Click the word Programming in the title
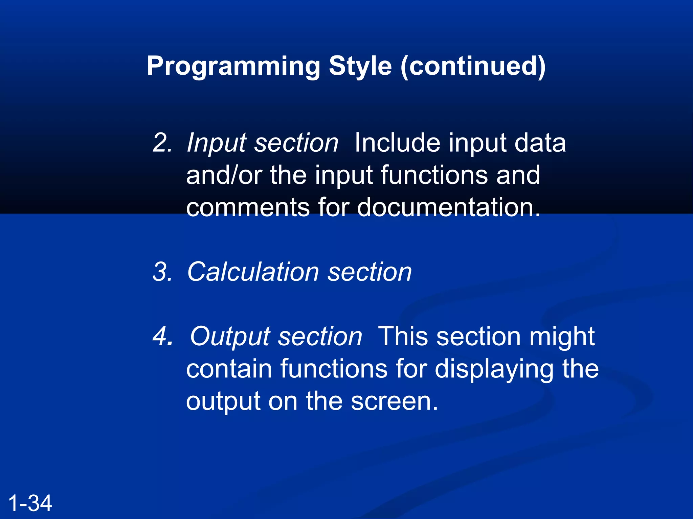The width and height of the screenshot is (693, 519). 233,66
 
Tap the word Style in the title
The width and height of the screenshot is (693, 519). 360,66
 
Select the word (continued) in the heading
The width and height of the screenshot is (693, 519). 473,66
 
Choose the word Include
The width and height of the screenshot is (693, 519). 397,143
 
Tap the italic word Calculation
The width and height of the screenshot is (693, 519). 252,272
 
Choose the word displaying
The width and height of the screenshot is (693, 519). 494,369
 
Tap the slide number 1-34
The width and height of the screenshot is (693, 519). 30,503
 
